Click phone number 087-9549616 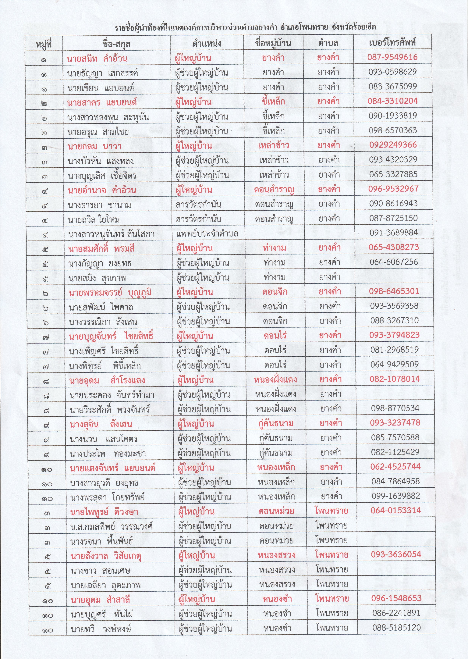click(x=392, y=57)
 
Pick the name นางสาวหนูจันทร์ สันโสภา click(x=111, y=234)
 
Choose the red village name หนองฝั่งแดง click(x=275, y=379)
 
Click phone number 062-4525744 click(x=395, y=466)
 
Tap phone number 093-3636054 click(x=396, y=554)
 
